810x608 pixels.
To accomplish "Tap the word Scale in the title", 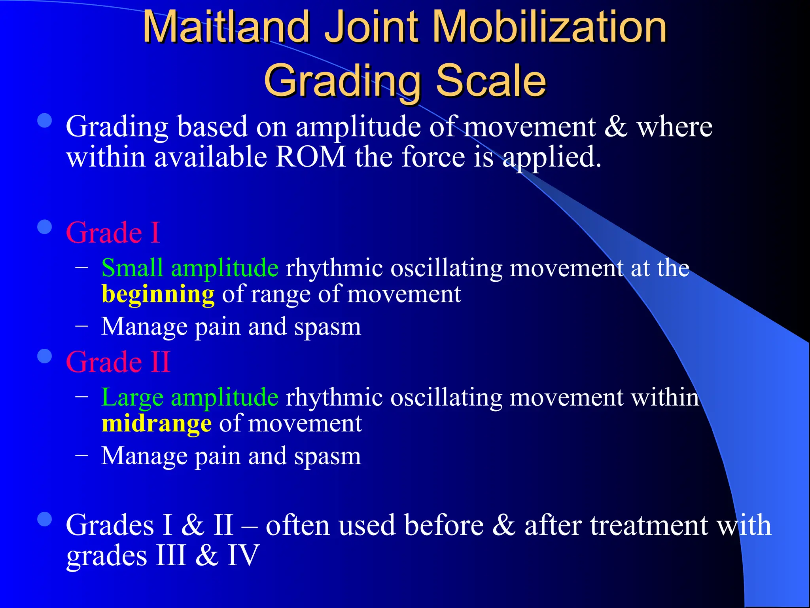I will click(x=491, y=81).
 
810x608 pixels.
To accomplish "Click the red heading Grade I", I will click(x=113, y=232).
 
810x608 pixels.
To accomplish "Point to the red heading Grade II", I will click(x=118, y=362).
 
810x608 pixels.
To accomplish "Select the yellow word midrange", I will click(x=157, y=424).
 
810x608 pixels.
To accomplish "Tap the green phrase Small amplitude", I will click(x=190, y=268).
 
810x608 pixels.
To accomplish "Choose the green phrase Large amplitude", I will click(x=190, y=397).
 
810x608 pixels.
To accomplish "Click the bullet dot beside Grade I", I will click(x=45, y=227).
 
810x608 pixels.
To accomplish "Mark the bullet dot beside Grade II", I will click(x=45, y=356).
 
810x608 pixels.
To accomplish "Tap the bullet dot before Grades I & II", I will click(x=45, y=519).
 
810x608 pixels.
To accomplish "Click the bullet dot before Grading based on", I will click(x=45, y=121).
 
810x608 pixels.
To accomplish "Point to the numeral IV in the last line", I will click(x=243, y=555).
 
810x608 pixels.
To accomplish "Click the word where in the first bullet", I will click(x=674, y=127).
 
